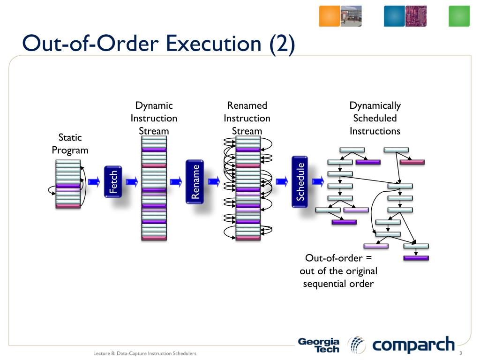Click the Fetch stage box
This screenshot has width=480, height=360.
[113, 181]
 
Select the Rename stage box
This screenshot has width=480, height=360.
[195, 181]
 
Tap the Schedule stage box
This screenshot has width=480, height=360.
[300, 181]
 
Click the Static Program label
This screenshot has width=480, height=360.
[70, 143]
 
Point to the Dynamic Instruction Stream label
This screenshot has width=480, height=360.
[154, 118]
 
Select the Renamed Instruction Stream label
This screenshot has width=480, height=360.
[247, 118]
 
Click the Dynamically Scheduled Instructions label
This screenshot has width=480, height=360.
[375, 118]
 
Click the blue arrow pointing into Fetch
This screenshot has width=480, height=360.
[94, 181]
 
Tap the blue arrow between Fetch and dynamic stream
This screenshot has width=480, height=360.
[132, 181]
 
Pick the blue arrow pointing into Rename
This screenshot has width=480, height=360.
[176, 181]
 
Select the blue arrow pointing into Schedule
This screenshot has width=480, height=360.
[282, 181]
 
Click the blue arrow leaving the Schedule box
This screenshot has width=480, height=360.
[318, 181]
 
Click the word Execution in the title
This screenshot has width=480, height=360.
[214, 43]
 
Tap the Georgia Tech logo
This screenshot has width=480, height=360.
[319, 345]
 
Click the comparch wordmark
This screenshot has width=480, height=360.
[413, 345]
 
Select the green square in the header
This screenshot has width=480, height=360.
[459, 16]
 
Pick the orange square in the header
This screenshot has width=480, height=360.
[330, 16]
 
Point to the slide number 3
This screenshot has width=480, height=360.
[461, 353]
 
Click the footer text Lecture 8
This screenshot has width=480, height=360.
[104, 353]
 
